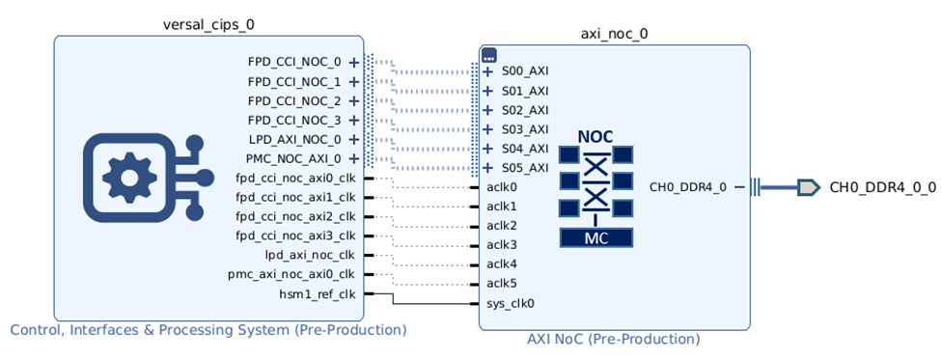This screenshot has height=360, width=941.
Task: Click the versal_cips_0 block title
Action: coord(208,23)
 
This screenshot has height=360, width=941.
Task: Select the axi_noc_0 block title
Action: coord(614,33)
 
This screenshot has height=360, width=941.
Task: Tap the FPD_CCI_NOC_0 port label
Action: coord(294,62)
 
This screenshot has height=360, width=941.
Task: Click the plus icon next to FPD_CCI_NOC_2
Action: coord(354,100)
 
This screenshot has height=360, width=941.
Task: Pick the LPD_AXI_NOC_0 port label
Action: coord(294,139)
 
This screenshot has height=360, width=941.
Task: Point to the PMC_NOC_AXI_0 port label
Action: coord(294,158)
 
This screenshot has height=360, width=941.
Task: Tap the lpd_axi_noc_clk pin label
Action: coord(310,255)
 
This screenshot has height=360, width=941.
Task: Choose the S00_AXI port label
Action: coord(525,71)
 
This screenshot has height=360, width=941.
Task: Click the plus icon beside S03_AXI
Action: coord(488,129)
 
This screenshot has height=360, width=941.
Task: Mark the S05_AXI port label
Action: coord(525,168)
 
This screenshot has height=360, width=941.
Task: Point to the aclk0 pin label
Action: coord(502,187)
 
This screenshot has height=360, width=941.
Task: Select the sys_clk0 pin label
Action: coord(511,303)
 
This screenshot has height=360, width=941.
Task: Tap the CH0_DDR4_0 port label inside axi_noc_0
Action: coord(688,187)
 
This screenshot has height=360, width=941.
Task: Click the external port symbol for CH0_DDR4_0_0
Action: coord(809,187)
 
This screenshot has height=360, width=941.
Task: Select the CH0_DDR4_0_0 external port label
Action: coord(882,187)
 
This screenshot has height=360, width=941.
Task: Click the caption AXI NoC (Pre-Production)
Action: coord(613,339)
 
